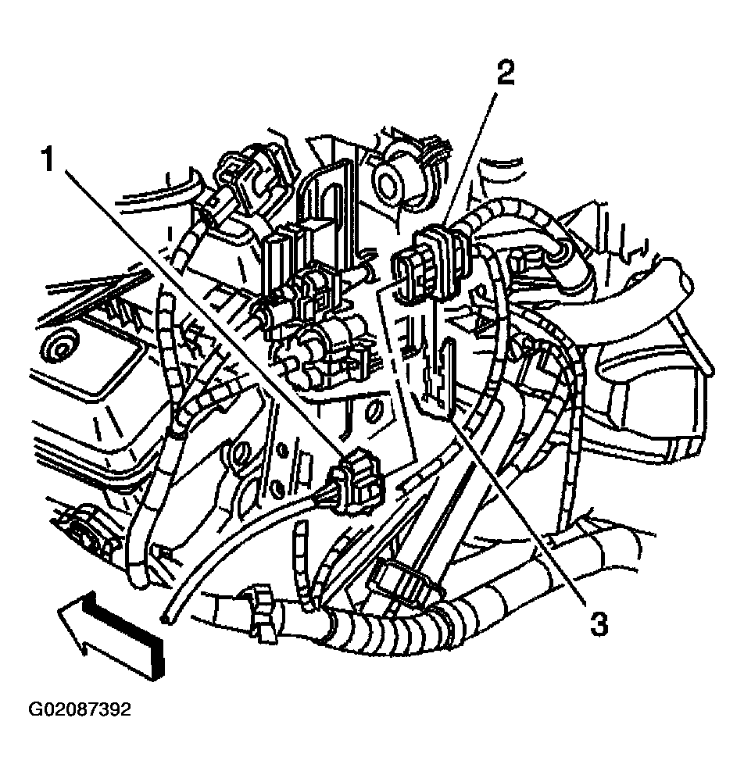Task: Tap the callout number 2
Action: tap(505, 72)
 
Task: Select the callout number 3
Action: tap(599, 623)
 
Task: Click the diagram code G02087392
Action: tap(80, 709)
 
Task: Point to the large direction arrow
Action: tap(111, 633)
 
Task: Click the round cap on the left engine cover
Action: tap(59, 351)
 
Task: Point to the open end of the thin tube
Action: tap(163, 618)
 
